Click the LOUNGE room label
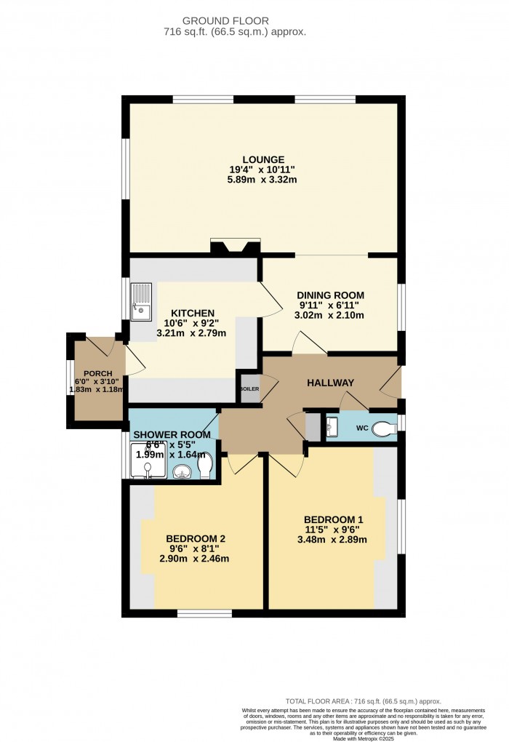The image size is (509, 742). click(262, 160)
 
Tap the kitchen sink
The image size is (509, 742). click(141, 303)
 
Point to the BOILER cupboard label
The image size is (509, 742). click(249, 388)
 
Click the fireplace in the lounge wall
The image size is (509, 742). click(235, 247)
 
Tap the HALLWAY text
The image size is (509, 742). click(330, 383)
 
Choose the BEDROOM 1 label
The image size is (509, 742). click(334, 519)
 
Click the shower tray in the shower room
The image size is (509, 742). click(148, 463)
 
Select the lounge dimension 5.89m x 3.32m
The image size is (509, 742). click(262, 180)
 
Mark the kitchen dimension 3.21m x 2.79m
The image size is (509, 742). click(191, 334)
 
